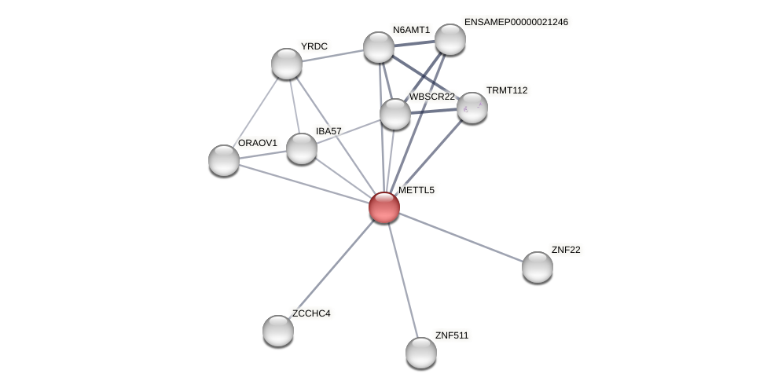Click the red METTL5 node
(384, 207)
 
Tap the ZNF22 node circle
(538, 267)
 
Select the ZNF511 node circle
(421, 352)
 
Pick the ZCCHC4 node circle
(278, 331)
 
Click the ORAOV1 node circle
(224, 160)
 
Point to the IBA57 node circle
(302, 148)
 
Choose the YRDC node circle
(287, 64)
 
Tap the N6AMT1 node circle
(379, 47)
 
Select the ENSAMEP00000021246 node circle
(450, 39)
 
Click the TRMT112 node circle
(472, 108)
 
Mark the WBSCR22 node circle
(395, 114)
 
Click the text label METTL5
(416, 190)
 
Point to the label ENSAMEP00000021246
(516, 22)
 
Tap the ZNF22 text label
(566, 250)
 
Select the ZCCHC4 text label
(311, 313)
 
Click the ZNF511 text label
(452, 335)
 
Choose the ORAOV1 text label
(257, 143)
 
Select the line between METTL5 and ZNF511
(402, 279)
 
